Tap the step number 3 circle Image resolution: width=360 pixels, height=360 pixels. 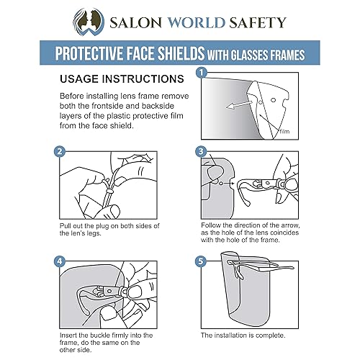tap(202, 153)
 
